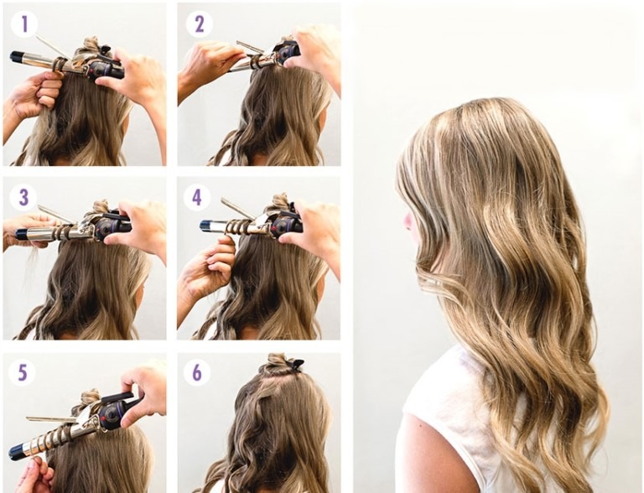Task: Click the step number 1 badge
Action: coord(24,24)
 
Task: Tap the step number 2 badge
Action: coord(200,24)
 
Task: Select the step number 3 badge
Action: coord(23,198)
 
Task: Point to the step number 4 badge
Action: coord(197,198)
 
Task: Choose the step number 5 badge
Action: coord(22,372)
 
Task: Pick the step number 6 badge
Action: coord(197,372)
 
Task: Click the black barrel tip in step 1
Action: coord(17,56)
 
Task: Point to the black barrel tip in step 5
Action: coord(17,451)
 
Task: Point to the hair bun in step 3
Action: coord(100,207)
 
